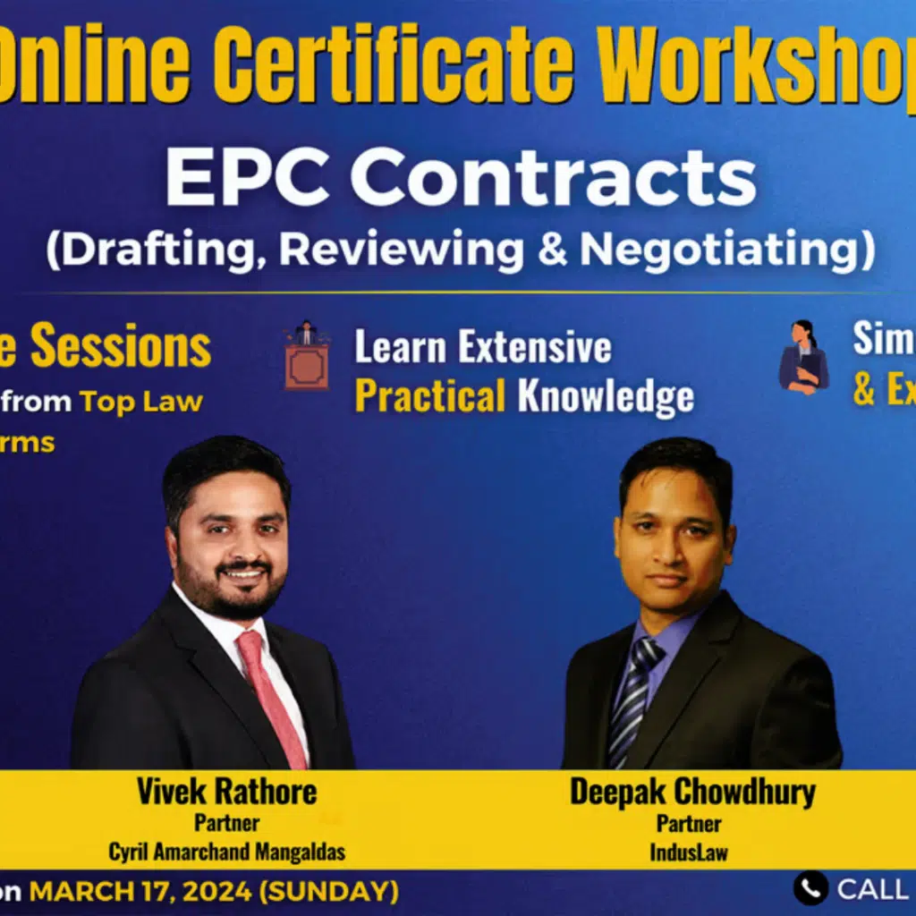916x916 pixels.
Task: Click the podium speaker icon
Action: [307, 356]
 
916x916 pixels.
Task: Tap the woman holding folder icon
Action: [803, 358]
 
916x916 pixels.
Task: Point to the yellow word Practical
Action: [430, 396]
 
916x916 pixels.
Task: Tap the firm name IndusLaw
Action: [689, 852]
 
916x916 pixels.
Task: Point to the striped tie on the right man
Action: [633, 698]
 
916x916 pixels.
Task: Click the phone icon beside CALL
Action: [810, 888]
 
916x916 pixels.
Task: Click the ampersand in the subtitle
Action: [552, 250]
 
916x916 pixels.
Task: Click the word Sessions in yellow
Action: [121, 347]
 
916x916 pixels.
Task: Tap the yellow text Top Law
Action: [140, 401]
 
